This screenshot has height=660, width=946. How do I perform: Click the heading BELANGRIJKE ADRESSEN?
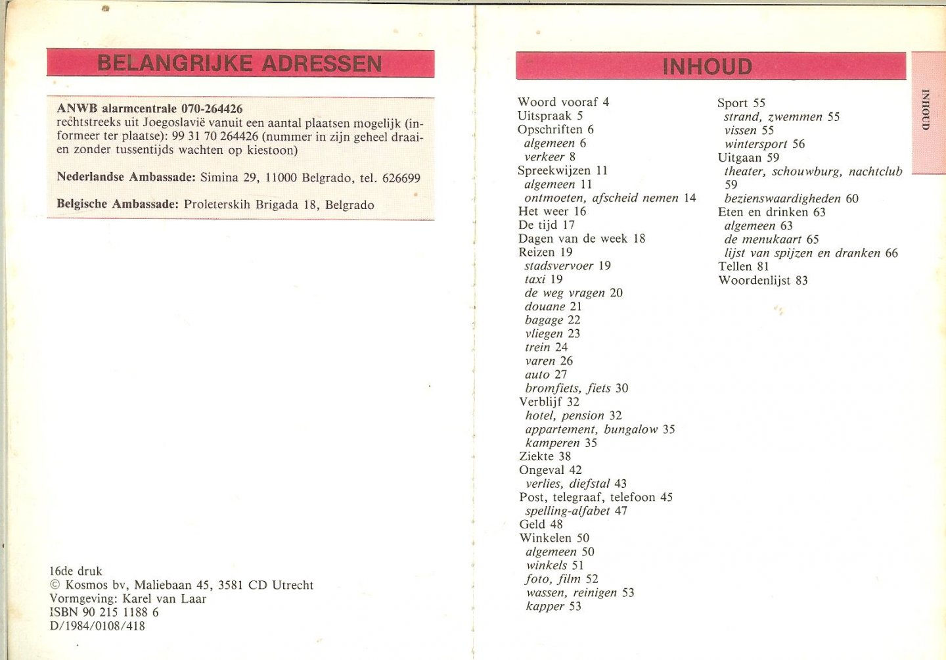point(240,64)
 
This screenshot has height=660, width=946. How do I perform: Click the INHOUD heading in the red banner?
point(707,66)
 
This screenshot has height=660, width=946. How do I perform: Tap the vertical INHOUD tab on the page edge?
point(926,110)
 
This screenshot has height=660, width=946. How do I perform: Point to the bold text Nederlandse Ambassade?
point(126,177)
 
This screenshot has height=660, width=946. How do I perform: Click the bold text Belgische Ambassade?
point(117,204)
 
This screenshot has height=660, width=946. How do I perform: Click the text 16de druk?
point(76,571)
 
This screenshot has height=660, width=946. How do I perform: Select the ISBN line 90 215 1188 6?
point(104,612)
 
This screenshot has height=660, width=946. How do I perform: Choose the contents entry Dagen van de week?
point(573,239)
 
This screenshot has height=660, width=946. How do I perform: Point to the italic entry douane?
point(545,306)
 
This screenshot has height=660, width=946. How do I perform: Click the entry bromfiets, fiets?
point(568,389)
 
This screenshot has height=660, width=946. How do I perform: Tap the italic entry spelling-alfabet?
point(568,511)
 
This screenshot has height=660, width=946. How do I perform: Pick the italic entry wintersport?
point(755,144)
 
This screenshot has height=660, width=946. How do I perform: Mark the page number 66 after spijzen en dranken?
point(891,253)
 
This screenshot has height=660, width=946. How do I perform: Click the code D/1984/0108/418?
point(97,626)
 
